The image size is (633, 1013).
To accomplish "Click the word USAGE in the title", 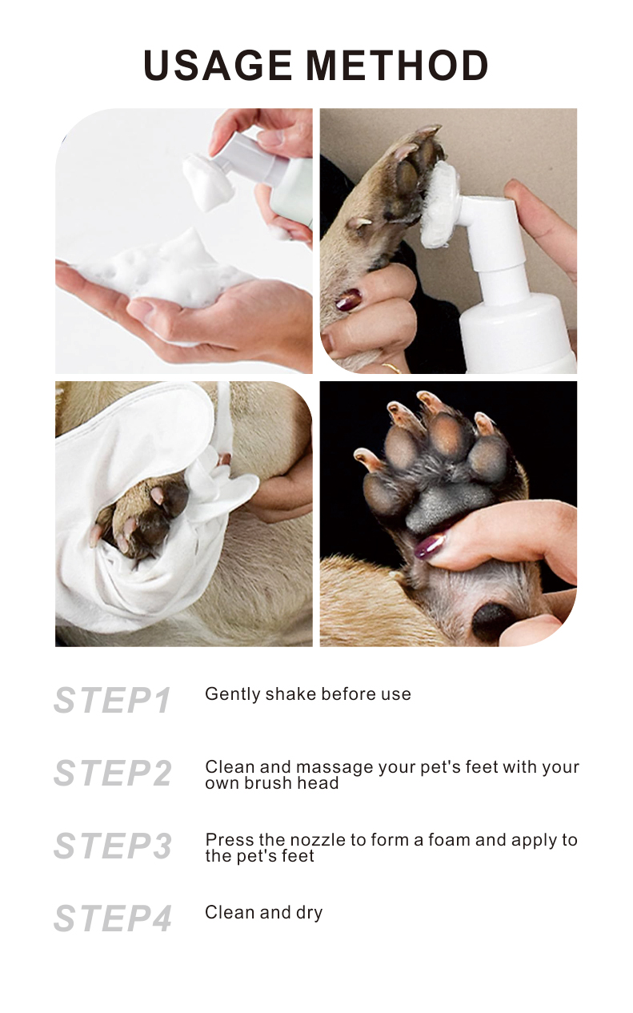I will (218, 66).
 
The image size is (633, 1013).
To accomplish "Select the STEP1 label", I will (112, 701).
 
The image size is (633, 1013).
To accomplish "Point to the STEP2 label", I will (112, 774).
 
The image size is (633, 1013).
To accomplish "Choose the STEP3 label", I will (112, 846).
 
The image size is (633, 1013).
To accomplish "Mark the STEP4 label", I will (112, 919).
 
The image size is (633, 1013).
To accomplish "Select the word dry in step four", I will (309, 913).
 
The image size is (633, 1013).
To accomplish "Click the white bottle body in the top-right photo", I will (516, 332).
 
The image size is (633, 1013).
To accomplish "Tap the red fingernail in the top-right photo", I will (348, 301).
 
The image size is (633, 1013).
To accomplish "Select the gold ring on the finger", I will (391, 368).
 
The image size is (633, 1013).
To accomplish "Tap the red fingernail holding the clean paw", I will (430, 547).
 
